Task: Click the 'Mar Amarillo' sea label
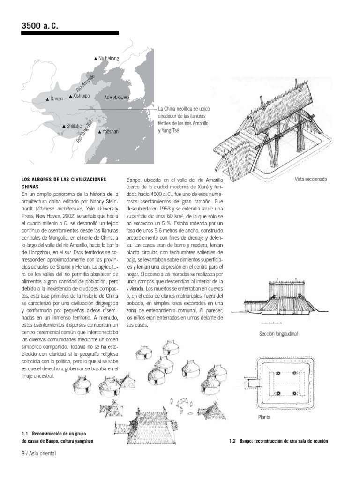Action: coord(117,97)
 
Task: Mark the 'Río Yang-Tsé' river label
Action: coord(84,132)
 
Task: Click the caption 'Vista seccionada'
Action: coord(311,179)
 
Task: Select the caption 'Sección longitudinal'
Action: coord(278,334)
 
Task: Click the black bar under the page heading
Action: coord(70,33)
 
